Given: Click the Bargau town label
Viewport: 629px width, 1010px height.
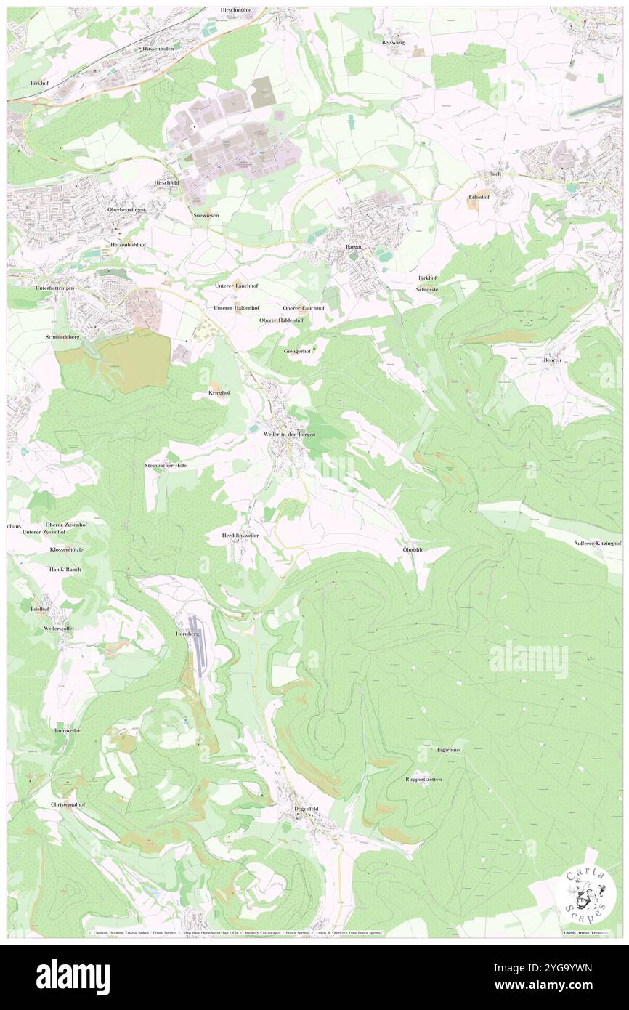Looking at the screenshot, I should pyautogui.click(x=354, y=247).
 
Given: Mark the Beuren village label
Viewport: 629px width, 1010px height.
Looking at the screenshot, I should pyautogui.click(x=553, y=360).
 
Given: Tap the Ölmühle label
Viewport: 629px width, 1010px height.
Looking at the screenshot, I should pyautogui.click(x=413, y=549).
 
